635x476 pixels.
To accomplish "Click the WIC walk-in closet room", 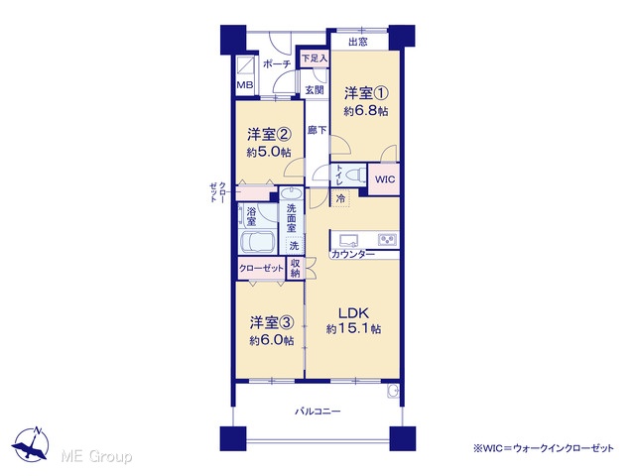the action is [x=384, y=179].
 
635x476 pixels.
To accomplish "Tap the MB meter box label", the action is [x=245, y=85].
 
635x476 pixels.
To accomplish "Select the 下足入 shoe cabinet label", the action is [x=315, y=59].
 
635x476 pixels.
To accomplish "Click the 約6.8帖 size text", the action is [x=366, y=111].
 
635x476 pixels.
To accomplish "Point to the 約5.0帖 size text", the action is [x=269, y=152].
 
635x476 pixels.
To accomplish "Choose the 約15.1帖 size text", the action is [x=353, y=329].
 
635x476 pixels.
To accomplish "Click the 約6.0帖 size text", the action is [x=271, y=341].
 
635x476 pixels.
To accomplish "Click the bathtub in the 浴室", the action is [x=258, y=242].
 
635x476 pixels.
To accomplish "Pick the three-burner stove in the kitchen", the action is [x=388, y=240].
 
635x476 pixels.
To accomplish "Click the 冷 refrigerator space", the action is [x=341, y=198].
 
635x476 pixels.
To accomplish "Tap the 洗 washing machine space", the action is [x=295, y=245].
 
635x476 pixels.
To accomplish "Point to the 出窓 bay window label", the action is [x=358, y=42].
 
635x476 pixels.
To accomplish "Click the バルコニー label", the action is [x=317, y=412].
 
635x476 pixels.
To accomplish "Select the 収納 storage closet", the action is [x=296, y=269].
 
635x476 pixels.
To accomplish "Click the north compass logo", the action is [x=31, y=444].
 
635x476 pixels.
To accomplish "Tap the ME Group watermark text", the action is [x=96, y=456].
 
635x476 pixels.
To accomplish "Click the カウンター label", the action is [x=353, y=254].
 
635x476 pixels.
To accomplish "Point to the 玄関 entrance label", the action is [x=315, y=90].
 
